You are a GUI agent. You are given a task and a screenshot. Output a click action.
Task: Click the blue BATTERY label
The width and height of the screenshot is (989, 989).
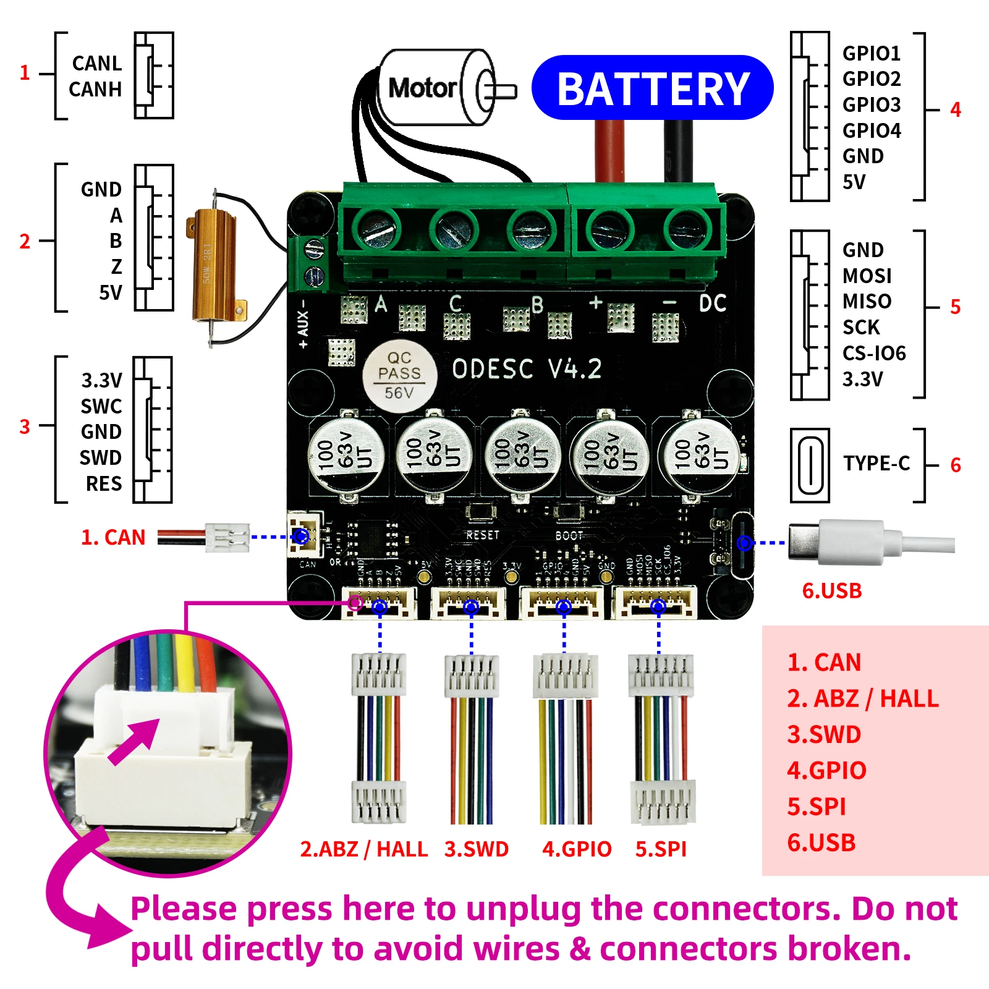(652, 88)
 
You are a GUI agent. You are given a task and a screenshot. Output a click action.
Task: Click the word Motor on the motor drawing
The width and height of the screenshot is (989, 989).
(422, 88)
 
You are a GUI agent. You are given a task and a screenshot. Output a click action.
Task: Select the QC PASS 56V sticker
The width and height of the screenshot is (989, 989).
(399, 375)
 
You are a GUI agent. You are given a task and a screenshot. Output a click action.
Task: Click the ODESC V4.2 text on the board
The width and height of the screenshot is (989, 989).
(527, 369)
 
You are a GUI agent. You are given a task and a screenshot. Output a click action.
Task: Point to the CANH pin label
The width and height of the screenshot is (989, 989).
(95, 90)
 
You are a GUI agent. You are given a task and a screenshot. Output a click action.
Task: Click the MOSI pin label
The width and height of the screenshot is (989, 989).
(867, 276)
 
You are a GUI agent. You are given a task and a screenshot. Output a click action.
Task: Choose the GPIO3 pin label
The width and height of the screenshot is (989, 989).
(871, 104)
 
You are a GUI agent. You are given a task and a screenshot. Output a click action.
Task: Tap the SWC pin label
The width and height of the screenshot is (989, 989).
(101, 406)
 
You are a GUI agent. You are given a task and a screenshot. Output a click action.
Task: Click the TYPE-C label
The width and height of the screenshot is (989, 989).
(877, 463)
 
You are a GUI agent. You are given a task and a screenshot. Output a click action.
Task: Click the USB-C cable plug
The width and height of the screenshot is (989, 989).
(834, 543)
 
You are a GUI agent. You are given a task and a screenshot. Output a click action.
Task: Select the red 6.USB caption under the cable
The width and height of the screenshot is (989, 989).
(831, 590)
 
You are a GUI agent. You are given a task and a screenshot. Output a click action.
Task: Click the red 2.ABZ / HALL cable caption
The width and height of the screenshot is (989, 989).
(363, 849)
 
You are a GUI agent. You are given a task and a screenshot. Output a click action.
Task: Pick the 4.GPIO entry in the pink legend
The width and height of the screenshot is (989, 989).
(826, 770)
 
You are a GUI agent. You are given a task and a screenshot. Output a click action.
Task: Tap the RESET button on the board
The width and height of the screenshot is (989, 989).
(482, 514)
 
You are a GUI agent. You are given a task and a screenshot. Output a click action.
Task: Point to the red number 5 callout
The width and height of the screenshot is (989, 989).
(955, 307)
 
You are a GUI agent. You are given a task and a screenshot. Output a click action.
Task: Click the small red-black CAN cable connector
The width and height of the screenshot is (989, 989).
(226, 537)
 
